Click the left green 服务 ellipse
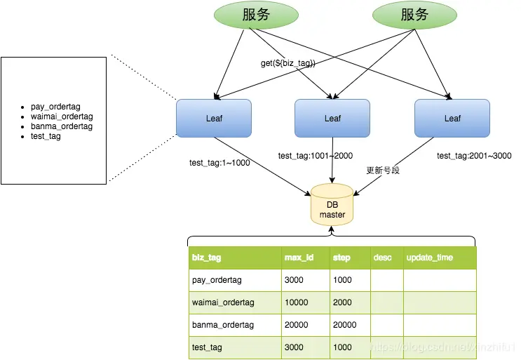pyautogui.click(x=255, y=15)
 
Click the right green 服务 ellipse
pyautogui.click(x=414, y=15)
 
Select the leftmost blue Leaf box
pyautogui.click(x=214, y=118)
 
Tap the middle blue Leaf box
pyautogui.click(x=332, y=118)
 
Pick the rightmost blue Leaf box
pyautogui.click(x=452, y=118)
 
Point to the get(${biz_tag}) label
pyautogui.click(x=288, y=63)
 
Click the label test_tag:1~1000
pyautogui.click(x=219, y=163)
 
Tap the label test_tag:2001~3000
pyautogui.click(x=474, y=156)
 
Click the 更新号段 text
pyautogui.click(x=383, y=171)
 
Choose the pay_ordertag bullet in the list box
pyautogui.click(x=57, y=107)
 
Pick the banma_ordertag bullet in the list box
pyautogui.click(x=62, y=126)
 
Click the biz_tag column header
pyautogui.click(x=206, y=258)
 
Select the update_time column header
pyautogui.click(x=429, y=258)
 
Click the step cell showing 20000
pyautogui.click(x=344, y=325)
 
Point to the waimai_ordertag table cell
pyautogui.click(x=223, y=302)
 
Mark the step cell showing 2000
pyautogui.click(x=342, y=302)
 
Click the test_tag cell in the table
pyautogui.click(x=208, y=347)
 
